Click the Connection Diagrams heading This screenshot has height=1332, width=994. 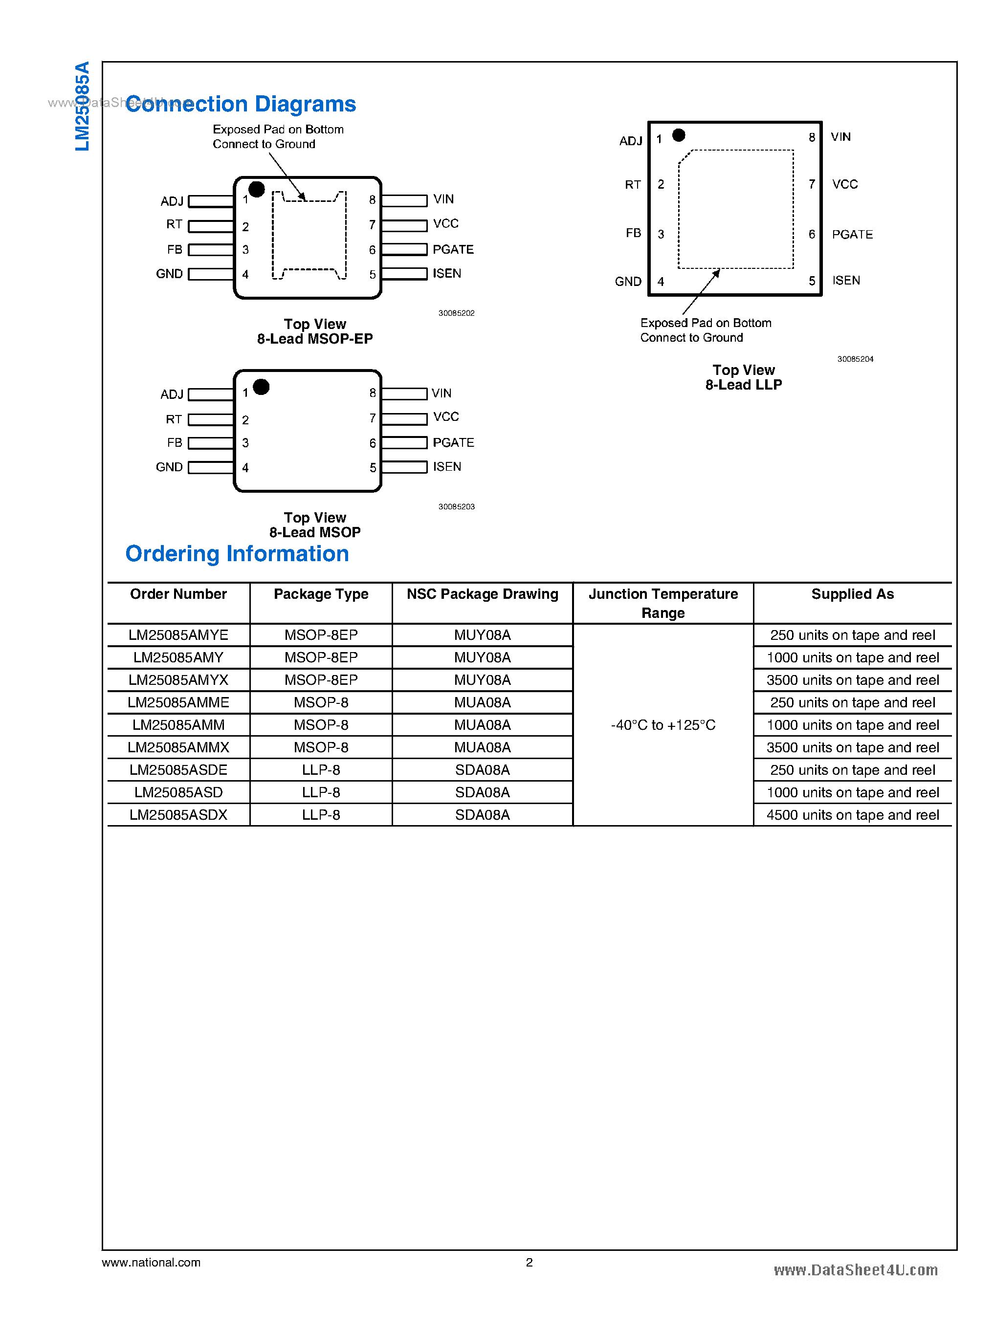(x=241, y=104)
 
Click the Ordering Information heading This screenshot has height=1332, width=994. (x=237, y=553)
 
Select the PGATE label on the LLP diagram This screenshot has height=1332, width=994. (x=852, y=234)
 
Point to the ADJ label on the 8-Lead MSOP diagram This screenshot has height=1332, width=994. (x=172, y=394)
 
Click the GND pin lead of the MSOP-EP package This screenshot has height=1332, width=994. (x=211, y=274)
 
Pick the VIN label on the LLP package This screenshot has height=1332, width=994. (x=840, y=137)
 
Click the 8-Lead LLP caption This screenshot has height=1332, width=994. (x=743, y=385)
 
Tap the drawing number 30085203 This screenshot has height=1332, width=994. (x=456, y=506)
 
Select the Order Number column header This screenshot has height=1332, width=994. (x=178, y=594)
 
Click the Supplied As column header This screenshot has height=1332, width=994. (x=852, y=594)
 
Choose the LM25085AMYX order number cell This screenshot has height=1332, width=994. (x=178, y=680)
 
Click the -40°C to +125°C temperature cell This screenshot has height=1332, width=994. (x=663, y=725)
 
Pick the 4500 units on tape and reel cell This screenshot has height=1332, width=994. (x=852, y=815)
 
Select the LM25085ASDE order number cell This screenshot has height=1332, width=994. (x=178, y=770)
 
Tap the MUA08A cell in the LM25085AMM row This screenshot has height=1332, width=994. (x=482, y=725)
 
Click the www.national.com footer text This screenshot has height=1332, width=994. (x=151, y=1262)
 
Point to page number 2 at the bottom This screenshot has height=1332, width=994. (x=529, y=1262)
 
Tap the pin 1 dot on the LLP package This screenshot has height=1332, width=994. (x=679, y=135)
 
